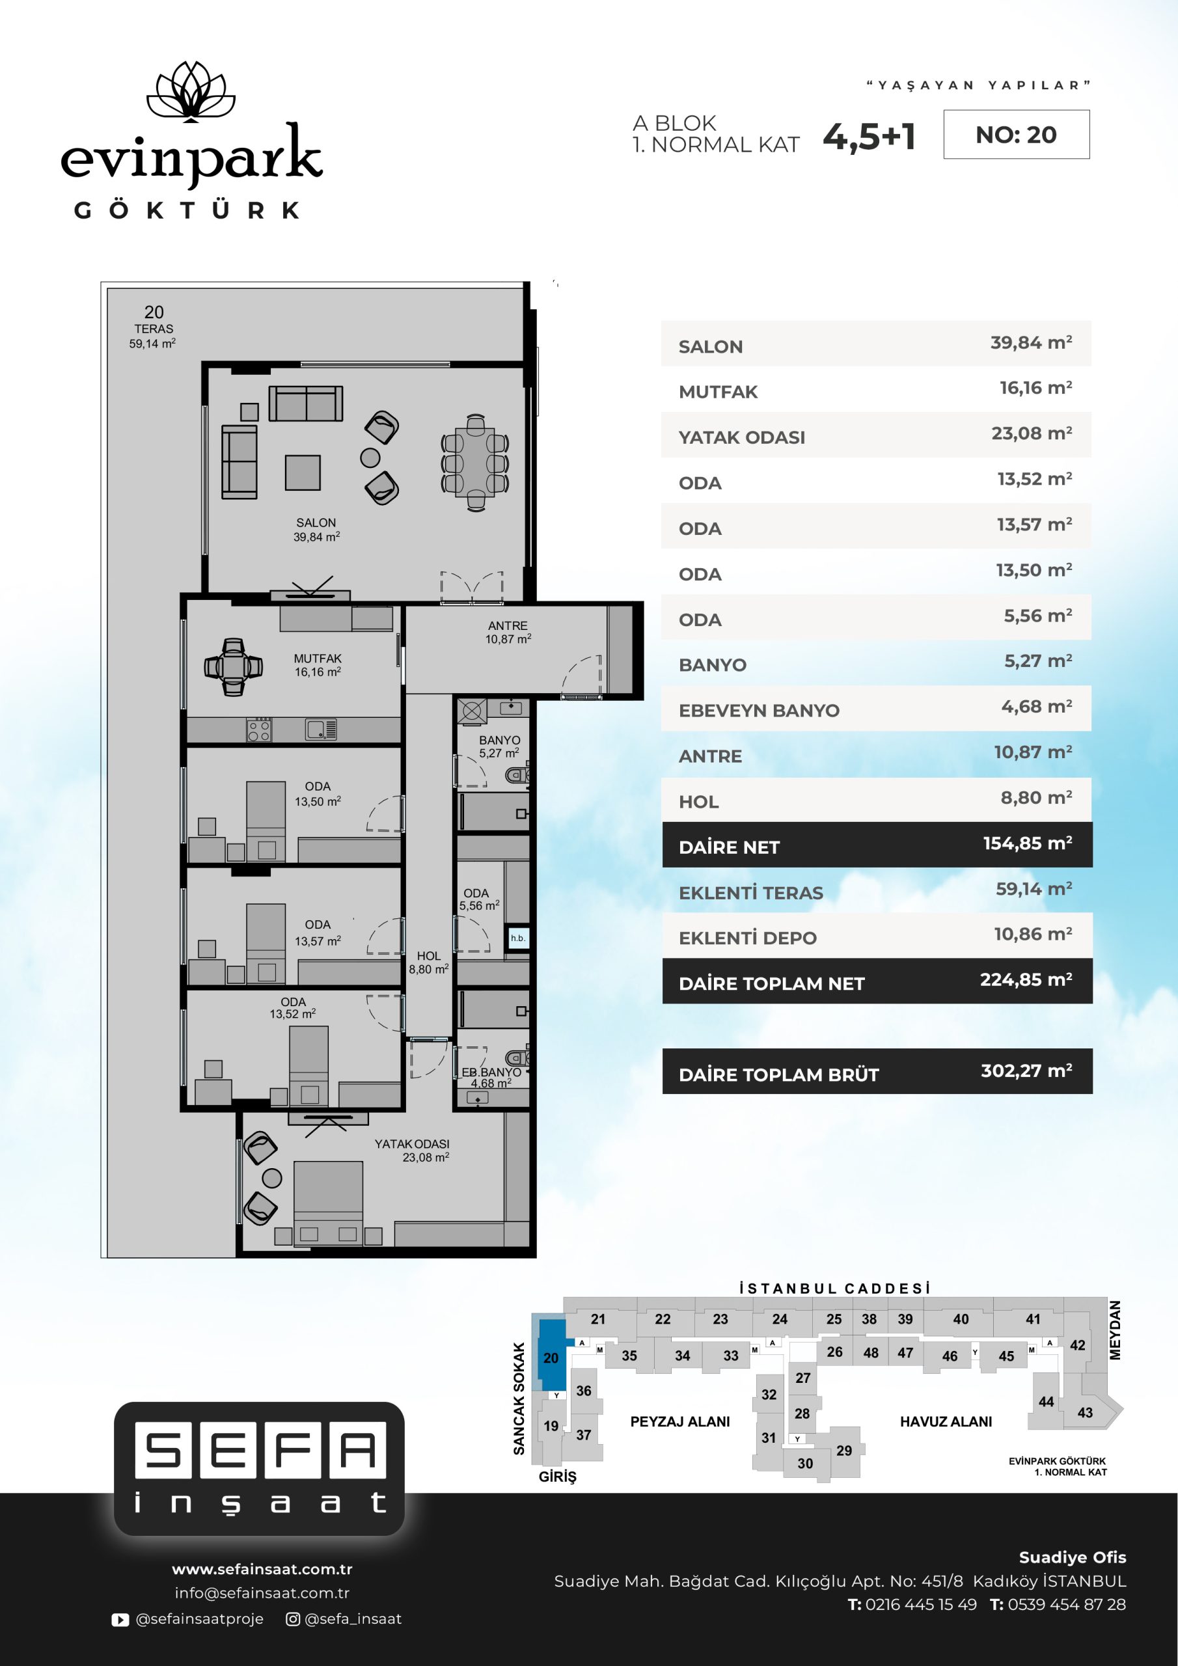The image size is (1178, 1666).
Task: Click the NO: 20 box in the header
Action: point(1016,134)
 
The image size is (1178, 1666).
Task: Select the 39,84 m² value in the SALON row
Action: point(1031,342)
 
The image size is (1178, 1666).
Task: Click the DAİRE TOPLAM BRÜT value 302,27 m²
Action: point(1026,1071)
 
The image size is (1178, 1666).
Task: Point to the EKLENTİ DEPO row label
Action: point(748,938)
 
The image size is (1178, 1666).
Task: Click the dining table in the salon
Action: point(475,462)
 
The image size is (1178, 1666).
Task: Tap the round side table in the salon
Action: point(370,457)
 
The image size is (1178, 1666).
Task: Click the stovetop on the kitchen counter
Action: point(259,730)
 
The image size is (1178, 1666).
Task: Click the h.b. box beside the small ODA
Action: point(518,938)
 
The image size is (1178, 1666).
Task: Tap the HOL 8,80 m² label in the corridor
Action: point(428,962)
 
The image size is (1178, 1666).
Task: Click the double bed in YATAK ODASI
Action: point(328,1203)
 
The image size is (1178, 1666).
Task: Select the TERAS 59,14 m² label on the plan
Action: point(153,335)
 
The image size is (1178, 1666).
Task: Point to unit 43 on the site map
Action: point(1085,1412)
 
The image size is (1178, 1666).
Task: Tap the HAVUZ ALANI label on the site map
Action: point(946,1421)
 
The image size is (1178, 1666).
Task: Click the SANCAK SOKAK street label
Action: point(519,1399)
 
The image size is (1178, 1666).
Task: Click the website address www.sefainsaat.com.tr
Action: point(262,1569)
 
